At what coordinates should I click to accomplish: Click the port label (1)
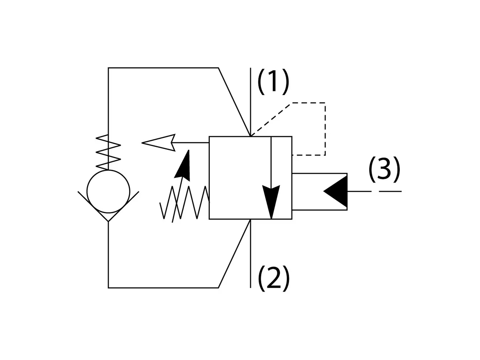point(273,82)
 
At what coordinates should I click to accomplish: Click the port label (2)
point(274,278)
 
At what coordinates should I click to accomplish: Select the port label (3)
point(384,169)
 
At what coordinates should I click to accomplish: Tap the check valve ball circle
point(108,191)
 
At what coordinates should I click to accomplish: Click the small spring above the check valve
point(108,151)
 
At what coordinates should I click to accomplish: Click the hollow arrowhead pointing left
point(159,142)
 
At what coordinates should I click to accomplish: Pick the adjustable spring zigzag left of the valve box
point(184,202)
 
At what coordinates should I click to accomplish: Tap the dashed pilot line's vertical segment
point(325,129)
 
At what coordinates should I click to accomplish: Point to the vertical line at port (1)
point(250,99)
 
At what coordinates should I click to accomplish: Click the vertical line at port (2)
point(250,255)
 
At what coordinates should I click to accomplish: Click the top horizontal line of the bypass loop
point(163,68)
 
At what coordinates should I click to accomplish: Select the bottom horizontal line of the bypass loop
point(163,288)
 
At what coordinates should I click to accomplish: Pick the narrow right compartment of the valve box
point(281,178)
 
